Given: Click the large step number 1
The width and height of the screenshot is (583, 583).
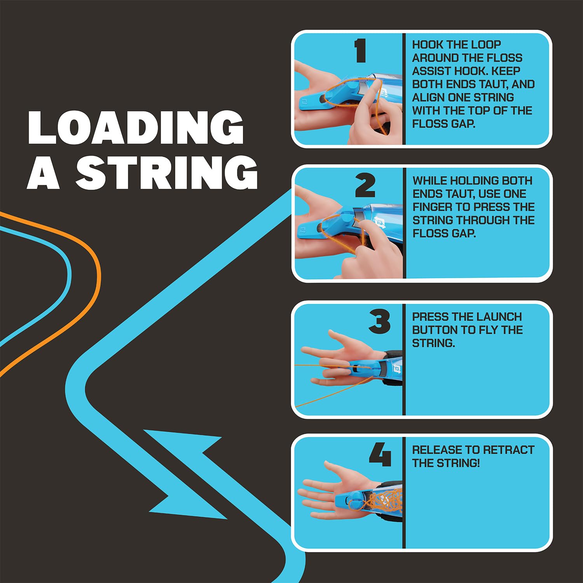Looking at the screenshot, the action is (360, 51).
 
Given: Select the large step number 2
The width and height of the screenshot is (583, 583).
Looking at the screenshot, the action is (365, 185).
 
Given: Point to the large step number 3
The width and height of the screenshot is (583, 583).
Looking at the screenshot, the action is (379, 321).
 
